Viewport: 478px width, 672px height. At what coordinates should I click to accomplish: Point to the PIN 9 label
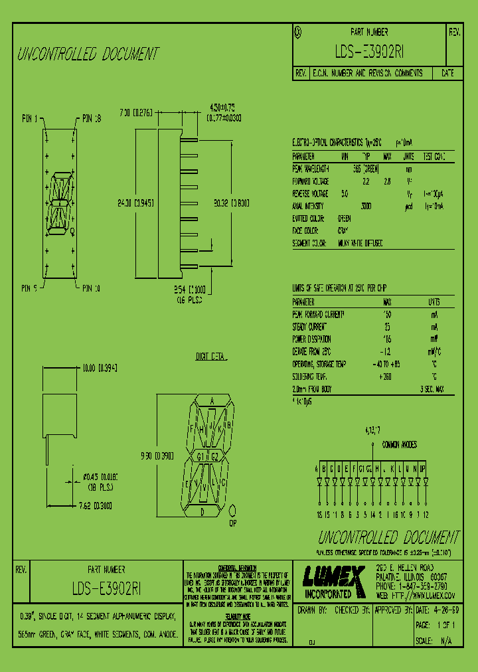[30, 288]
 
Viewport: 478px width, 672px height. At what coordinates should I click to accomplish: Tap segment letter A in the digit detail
[212, 401]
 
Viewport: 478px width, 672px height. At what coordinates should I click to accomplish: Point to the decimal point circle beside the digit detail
[234, 511]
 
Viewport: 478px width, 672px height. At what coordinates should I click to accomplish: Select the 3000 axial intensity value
[366, 206]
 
